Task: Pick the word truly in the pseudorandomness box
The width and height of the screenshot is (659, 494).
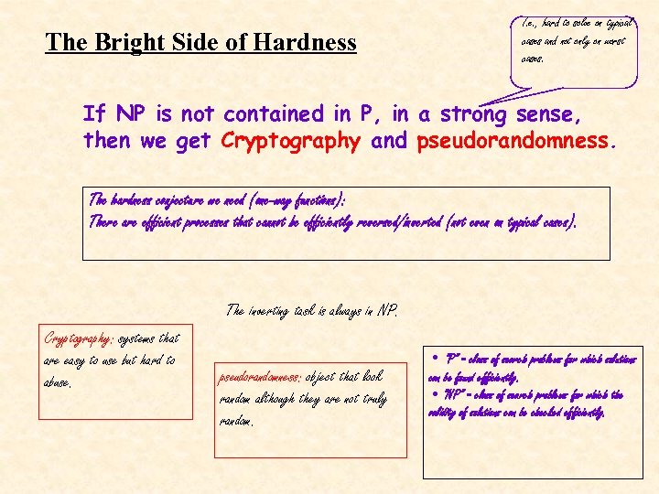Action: click(371, 399)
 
